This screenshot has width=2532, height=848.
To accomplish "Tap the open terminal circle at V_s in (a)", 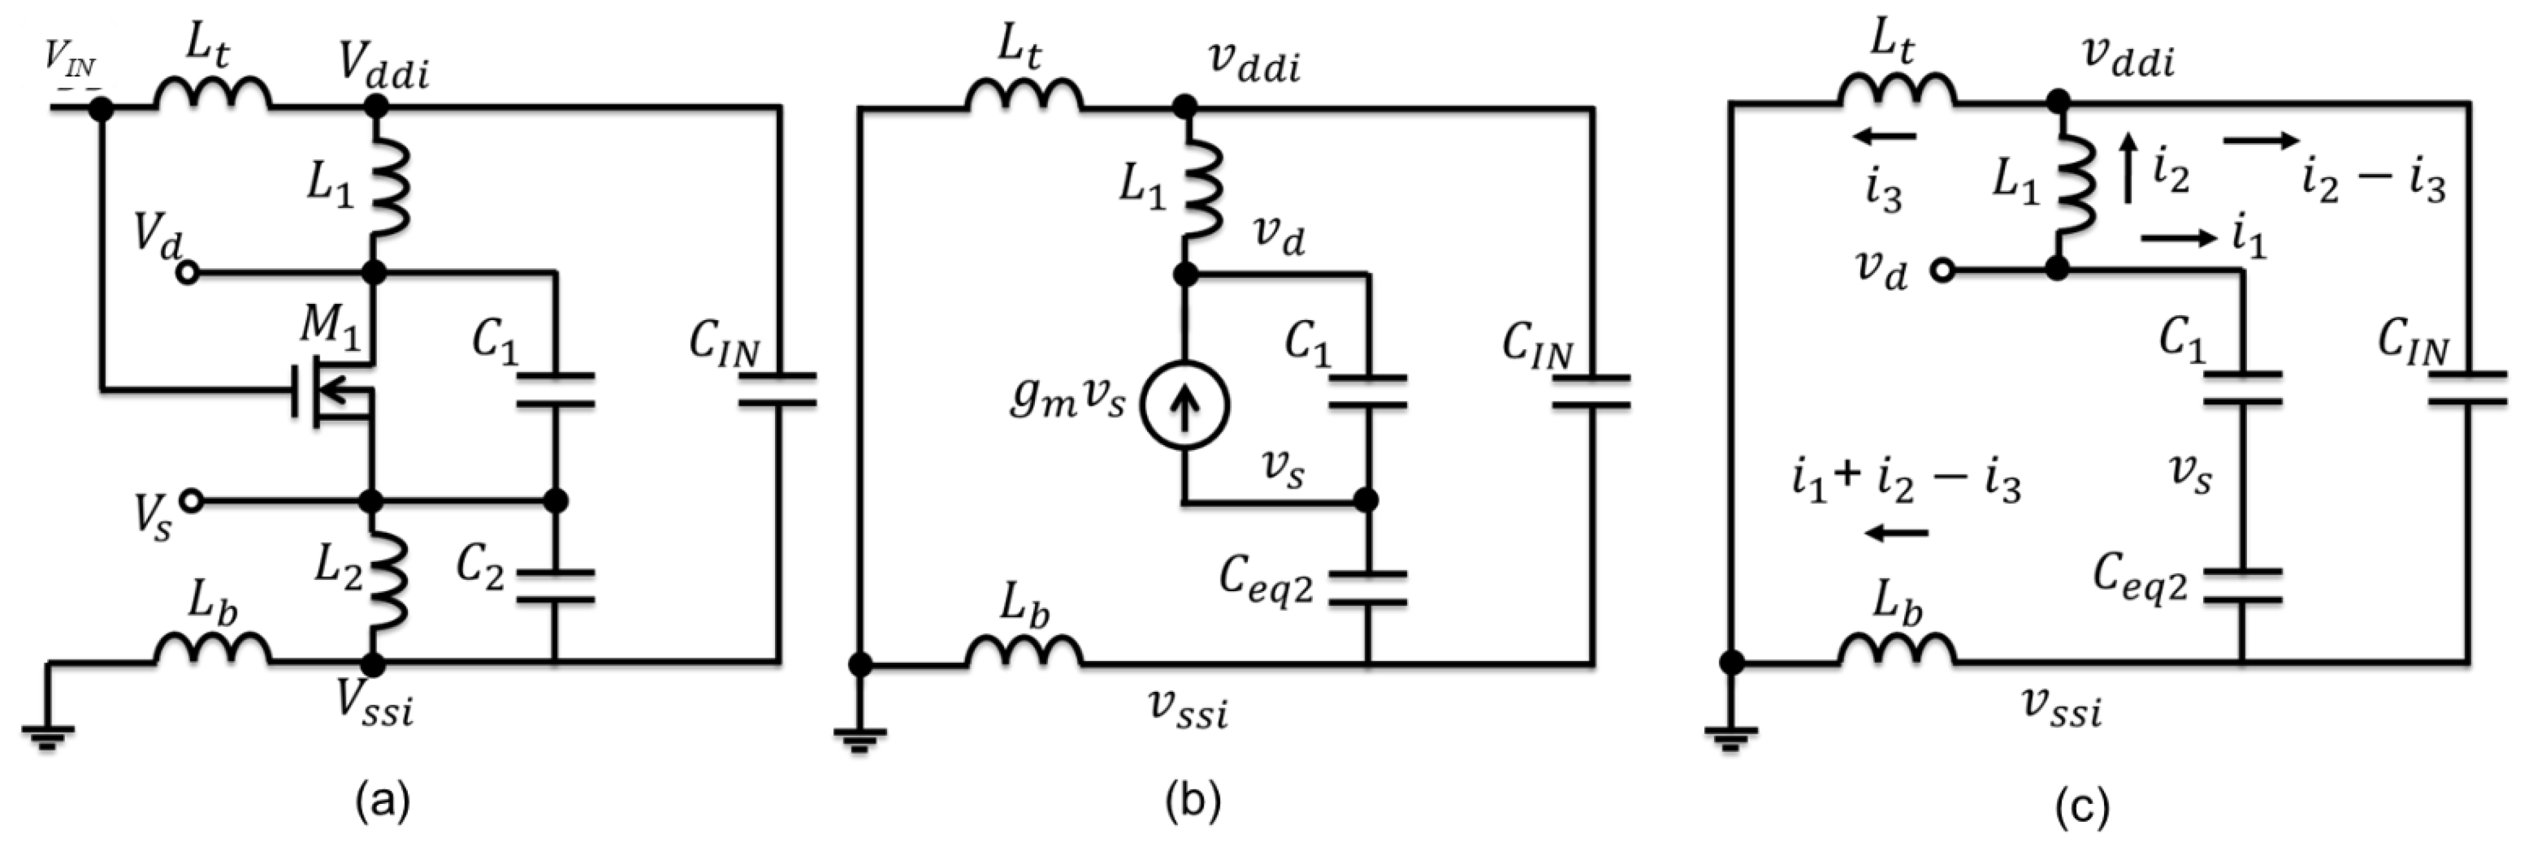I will tap(191, 501).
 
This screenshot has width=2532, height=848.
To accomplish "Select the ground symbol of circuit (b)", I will tap(860, 737).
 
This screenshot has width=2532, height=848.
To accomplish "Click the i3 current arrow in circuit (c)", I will tap(1885, 136).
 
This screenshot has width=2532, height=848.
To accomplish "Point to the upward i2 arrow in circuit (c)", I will tap(2128, 170).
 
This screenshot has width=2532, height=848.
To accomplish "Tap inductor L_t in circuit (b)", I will tap(1024, 95).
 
